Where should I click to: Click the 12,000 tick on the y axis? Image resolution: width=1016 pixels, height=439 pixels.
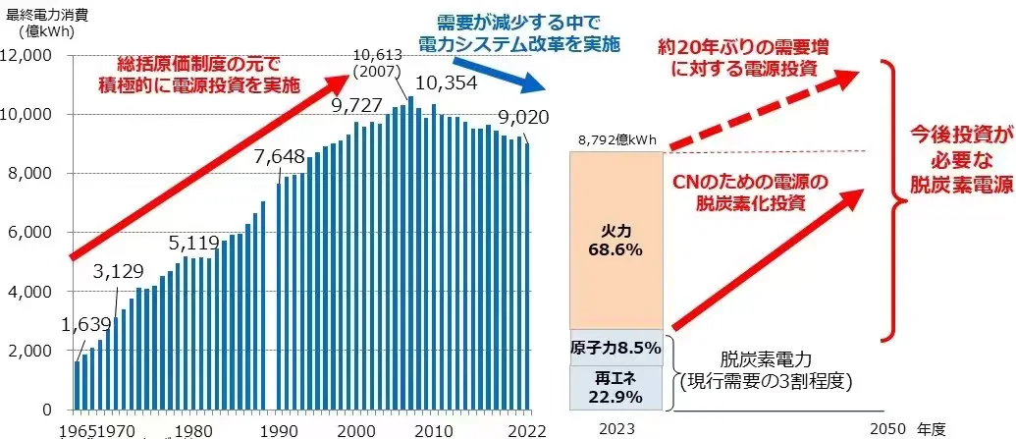34,55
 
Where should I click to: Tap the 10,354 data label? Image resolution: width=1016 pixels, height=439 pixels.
447,83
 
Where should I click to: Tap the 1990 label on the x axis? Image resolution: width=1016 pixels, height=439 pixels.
285,428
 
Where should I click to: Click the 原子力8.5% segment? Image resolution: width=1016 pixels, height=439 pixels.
615,348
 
